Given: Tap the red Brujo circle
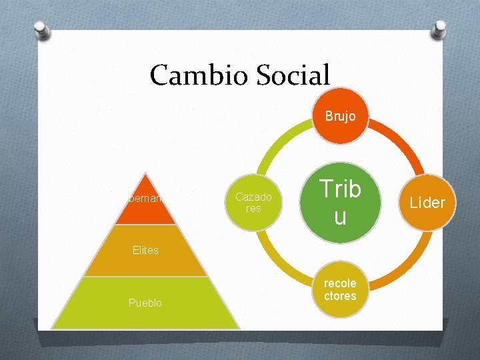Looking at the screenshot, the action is point(340,116).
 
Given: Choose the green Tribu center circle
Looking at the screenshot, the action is point(340,202).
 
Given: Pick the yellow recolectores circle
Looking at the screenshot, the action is point(340,289).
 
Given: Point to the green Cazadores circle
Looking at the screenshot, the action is point(253,202).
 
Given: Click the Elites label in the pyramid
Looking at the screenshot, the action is point(145,251).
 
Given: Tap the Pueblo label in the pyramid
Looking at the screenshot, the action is point(145,303).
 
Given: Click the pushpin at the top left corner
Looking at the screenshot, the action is point(41,29).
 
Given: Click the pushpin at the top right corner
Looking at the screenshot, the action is point(439,29).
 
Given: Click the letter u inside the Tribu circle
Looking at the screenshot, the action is point(340,216).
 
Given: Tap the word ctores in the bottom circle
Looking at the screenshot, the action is point(340,296).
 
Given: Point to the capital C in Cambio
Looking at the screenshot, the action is point(159,75).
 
